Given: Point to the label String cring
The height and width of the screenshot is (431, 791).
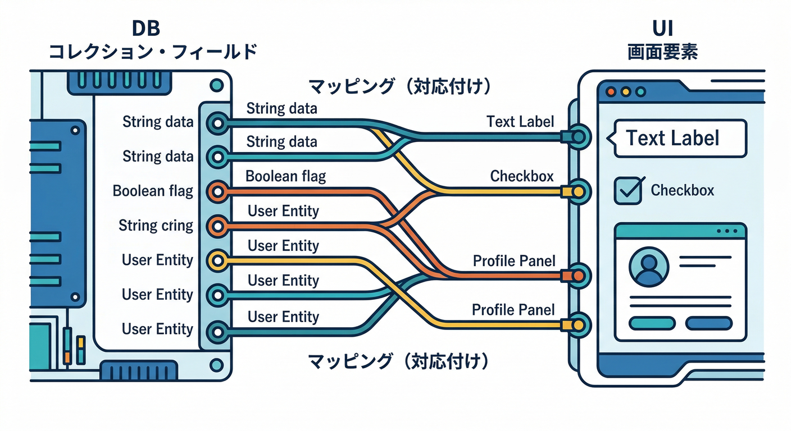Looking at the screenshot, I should [156, 226].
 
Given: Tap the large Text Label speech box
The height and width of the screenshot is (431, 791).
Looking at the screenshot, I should [680, 138].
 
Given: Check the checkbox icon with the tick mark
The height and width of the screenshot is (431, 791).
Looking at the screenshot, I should [628, 190].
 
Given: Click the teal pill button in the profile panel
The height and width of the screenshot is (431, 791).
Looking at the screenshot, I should [651, 323].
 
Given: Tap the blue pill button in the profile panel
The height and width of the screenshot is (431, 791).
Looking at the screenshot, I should [709, 323].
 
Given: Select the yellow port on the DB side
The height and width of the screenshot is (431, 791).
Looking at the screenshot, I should [217, 260].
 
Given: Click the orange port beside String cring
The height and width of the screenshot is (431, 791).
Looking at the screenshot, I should [217, 226].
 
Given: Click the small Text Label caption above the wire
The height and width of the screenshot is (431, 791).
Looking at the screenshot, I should [520, 121].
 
